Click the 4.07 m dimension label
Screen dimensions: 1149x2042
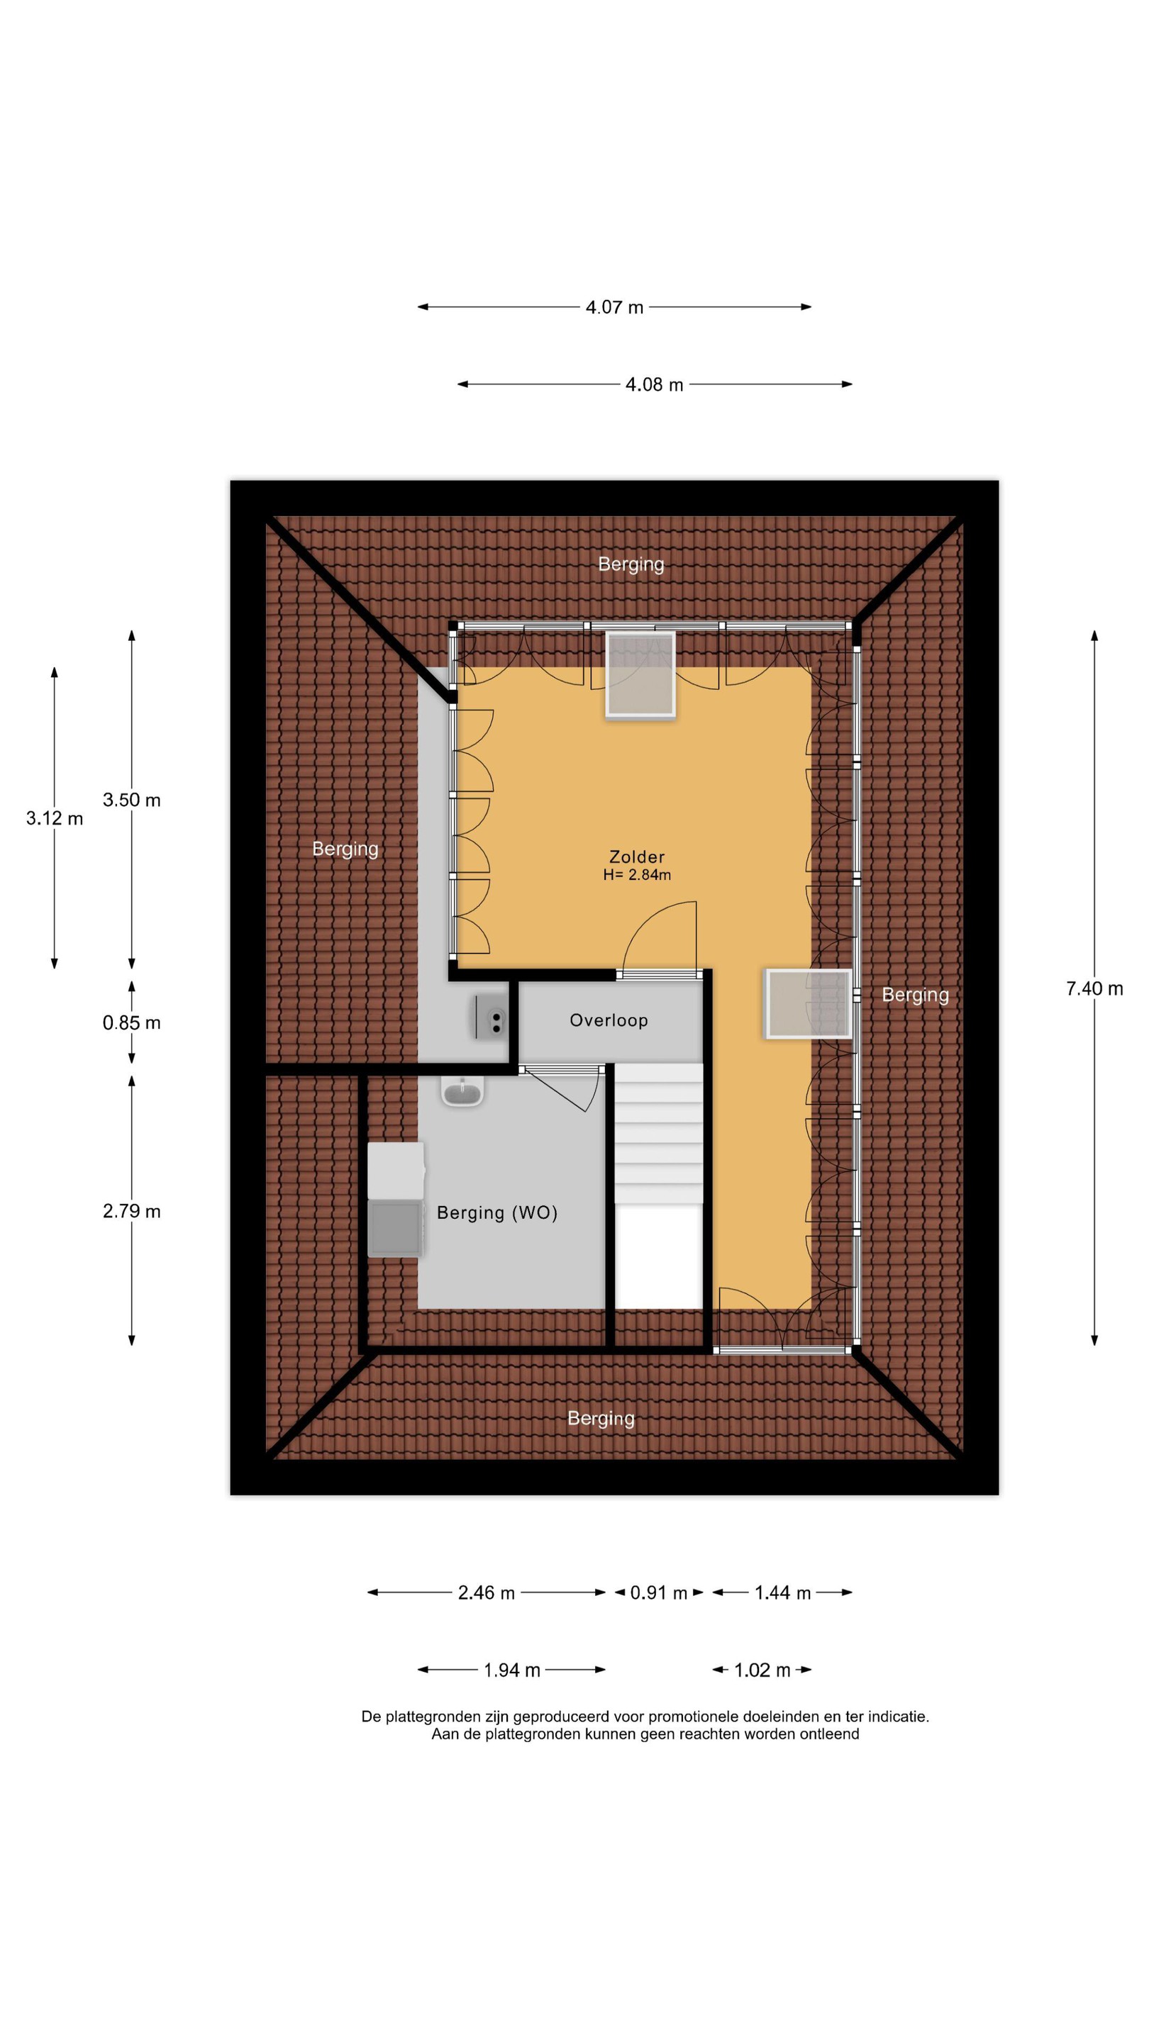pos(614,308)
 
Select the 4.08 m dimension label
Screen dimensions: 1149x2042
pos(653,384)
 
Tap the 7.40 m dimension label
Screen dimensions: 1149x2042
pos(1094,988)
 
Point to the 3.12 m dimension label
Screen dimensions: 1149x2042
pos(54,818)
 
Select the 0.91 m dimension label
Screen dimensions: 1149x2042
pos(658,1592)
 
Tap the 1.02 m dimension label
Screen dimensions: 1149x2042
pos(761,1670)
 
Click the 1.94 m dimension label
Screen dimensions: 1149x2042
pos(511,1670)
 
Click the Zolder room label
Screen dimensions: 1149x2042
pos(636,857)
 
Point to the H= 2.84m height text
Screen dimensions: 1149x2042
pos(636,875)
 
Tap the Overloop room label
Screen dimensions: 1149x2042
pos(609,1020)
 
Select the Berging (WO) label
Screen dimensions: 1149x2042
pos(497,1213)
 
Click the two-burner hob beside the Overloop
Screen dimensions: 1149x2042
pos(492,1017)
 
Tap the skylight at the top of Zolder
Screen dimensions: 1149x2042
pos(640,676)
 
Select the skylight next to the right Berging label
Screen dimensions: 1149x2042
pos(808,1003)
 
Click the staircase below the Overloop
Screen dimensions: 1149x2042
pos(658,1186)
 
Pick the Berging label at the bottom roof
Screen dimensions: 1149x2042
pos(600,1419)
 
